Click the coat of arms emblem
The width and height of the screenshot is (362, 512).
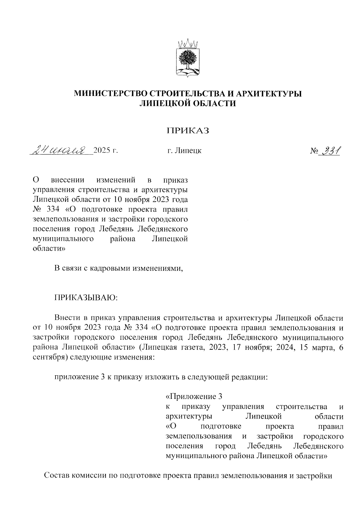(187, 57)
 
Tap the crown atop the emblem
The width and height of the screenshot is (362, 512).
(187, 44)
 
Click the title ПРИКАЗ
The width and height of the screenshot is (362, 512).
(188, 130)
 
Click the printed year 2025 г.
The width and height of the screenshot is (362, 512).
(105, 150)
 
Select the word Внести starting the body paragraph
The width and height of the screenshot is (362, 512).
(67, 318)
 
